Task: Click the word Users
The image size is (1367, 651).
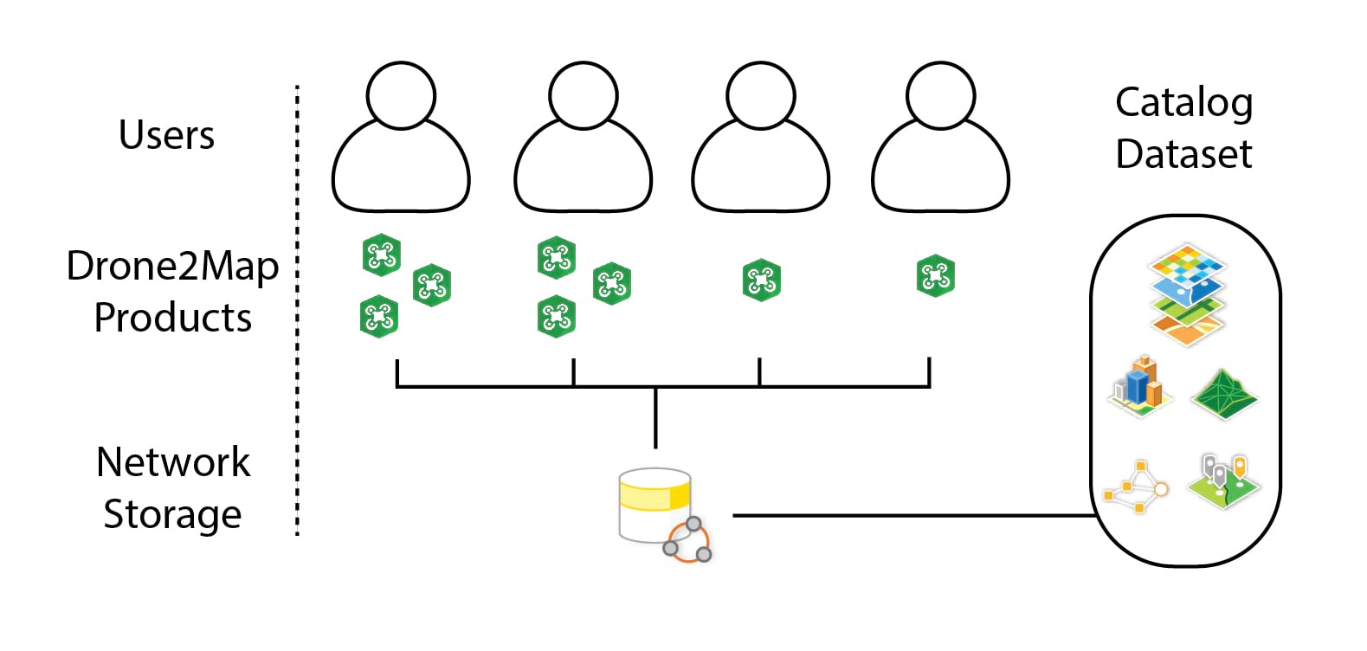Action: point(166,135)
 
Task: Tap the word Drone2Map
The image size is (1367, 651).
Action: point(172,266)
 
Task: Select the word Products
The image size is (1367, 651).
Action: point(172,318)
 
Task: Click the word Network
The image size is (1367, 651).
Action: point(172,462)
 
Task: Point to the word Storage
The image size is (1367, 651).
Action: point(172,514)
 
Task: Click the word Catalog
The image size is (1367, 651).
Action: point(1183,104)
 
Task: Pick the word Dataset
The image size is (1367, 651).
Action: point(1183,154)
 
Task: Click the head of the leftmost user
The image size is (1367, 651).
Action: point(400,94)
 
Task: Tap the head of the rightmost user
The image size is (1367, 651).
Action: point(940,94)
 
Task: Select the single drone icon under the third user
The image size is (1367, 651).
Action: point(761,280)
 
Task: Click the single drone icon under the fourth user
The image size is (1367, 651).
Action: point(935,275)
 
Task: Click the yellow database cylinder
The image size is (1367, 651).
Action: point(654,504)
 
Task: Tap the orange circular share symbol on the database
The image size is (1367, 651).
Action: point(688,542)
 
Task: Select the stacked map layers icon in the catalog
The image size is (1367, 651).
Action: point(1187,294)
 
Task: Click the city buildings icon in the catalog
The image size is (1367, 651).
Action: point(1140,385)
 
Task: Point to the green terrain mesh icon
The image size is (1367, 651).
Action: point(1223,395)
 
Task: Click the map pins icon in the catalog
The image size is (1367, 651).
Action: point(1223,481)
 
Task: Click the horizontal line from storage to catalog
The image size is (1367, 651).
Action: point(909,516)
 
